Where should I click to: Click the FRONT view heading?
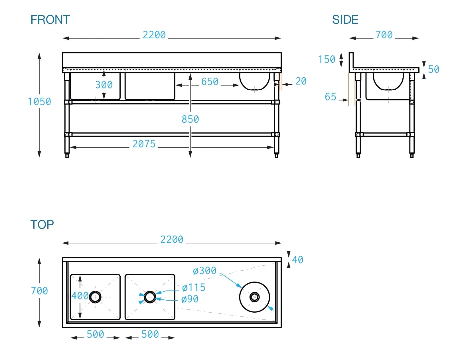tap(50, 20)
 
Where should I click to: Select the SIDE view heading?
tap(345, 20)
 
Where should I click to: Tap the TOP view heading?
tap(42, 224)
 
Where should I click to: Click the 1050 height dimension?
tap(39, 102)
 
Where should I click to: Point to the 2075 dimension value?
tap(144, 144)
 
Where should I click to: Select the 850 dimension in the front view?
tap(190, 119)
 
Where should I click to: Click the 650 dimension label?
tap(210, 82)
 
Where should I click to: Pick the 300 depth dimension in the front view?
tap(104, 85)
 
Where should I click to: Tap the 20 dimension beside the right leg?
tap(301, 81)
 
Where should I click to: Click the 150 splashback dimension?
tap(327, 59)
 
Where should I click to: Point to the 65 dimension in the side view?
tap(331, 97)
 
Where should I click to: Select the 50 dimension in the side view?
tap(433, 69)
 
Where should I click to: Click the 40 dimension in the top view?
tap(298, 260)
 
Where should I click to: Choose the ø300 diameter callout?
tap(204, 271)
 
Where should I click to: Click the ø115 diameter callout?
tap(194, 287)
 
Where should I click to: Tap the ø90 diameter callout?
tap(190, 299)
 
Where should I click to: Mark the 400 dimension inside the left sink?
tap(80, 296)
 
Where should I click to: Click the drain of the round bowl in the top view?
tap(254, 297)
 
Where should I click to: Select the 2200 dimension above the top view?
tap(172, 240)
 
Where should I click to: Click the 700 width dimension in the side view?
tap(384, 35)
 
